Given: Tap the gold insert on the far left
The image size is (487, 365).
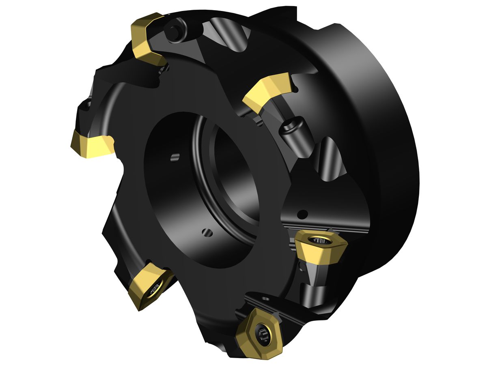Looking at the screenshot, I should click(x=91, y=144).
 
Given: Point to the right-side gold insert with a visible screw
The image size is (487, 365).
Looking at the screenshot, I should click(x=321, y=248).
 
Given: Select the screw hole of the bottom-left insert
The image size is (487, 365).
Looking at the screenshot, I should click(x=155, y=289).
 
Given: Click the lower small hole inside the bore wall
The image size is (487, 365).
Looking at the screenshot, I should click(x=206, y=232).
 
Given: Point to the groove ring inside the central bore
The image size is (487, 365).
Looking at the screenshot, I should click(x=203, y=162).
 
